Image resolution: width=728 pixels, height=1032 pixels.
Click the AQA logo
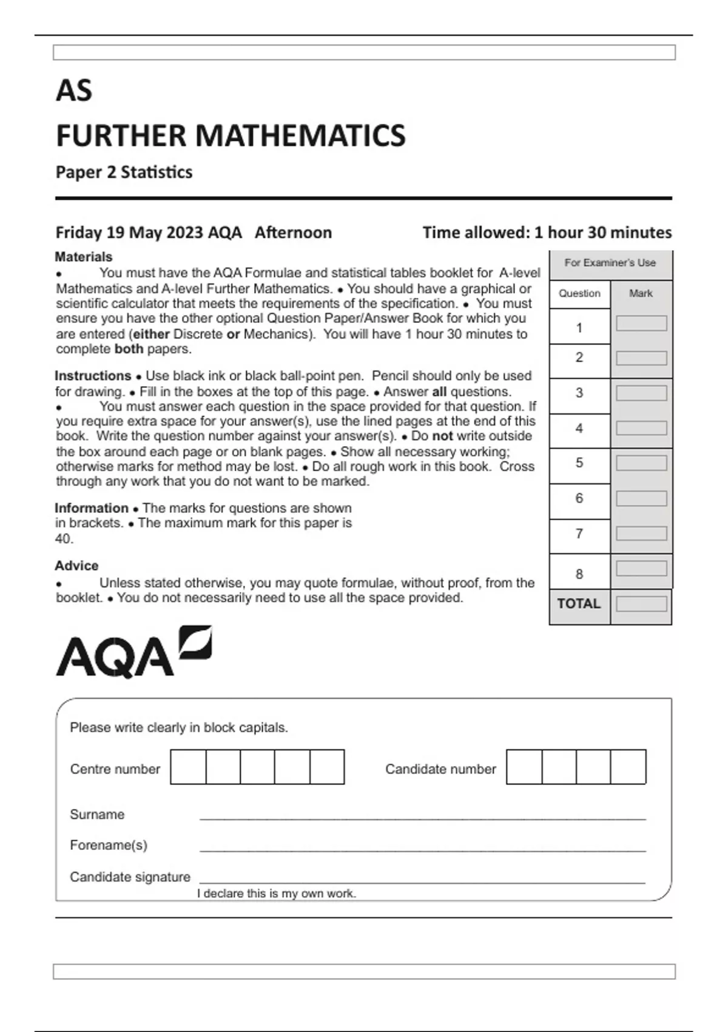pos(133,652)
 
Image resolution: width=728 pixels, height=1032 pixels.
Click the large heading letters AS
pos(74,91)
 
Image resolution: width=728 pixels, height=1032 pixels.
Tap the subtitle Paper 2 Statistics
pos(124,172)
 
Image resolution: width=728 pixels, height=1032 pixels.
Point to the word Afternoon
pos(293,233)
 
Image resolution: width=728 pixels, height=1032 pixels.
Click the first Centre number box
pos(188,767)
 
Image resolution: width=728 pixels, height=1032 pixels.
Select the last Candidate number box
pos(628,767)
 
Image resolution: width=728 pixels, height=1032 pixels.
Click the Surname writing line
pos(422,817)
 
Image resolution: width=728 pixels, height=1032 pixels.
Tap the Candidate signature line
pos(422,880)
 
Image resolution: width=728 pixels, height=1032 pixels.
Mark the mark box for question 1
pos(641,324)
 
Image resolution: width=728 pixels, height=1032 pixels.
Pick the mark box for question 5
pos(641,463)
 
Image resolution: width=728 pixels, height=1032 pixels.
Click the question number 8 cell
pos(579,574)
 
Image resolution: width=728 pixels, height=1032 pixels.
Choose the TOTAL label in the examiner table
pos(579,604)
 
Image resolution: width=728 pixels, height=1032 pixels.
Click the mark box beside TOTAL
pos(641,604)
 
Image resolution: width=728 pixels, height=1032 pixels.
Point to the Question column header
pos(579,294)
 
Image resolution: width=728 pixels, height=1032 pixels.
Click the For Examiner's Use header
pos(610,263)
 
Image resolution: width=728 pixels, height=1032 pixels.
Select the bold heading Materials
pos(84,257)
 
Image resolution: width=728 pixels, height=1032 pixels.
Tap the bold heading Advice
pos(76,566)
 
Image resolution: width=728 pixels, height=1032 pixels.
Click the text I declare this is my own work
pos(277,894)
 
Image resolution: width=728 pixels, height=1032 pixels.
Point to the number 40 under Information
pos(64,538)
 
